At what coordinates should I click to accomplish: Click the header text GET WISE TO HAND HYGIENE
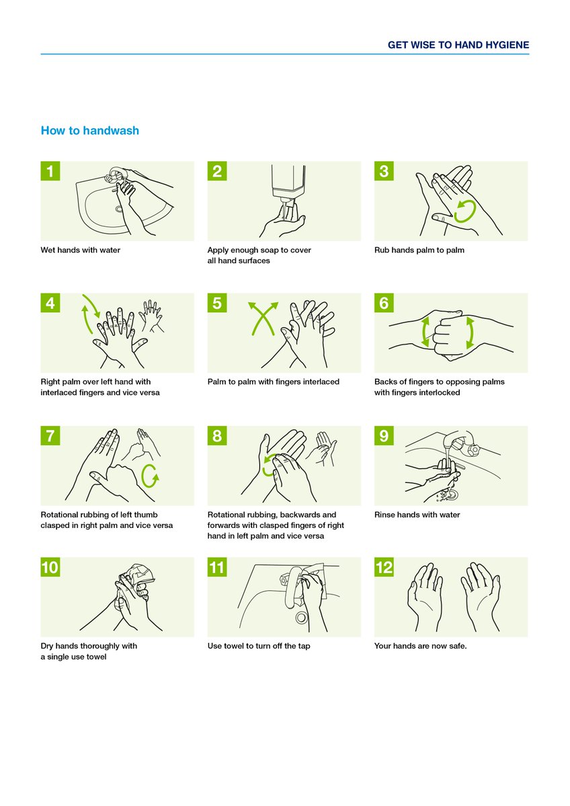tap(458, 45)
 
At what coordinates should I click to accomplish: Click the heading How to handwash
tap(90, 130)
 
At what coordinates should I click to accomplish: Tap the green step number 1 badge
tap(50, 171)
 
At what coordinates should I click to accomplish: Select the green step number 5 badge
tap(217, 303)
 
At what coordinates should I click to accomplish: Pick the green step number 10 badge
tap(50, 568)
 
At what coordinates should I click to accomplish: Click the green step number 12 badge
tap(384, 568)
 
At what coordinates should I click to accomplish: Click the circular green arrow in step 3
tap(464, 211)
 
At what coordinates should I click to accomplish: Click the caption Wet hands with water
tap(81, 251)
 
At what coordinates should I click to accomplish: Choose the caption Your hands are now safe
tap(420, 646)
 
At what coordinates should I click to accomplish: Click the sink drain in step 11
tap(301, 617)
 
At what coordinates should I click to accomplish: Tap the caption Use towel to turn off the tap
tap(259, 646)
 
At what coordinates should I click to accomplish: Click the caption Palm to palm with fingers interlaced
tap(273, 382)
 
